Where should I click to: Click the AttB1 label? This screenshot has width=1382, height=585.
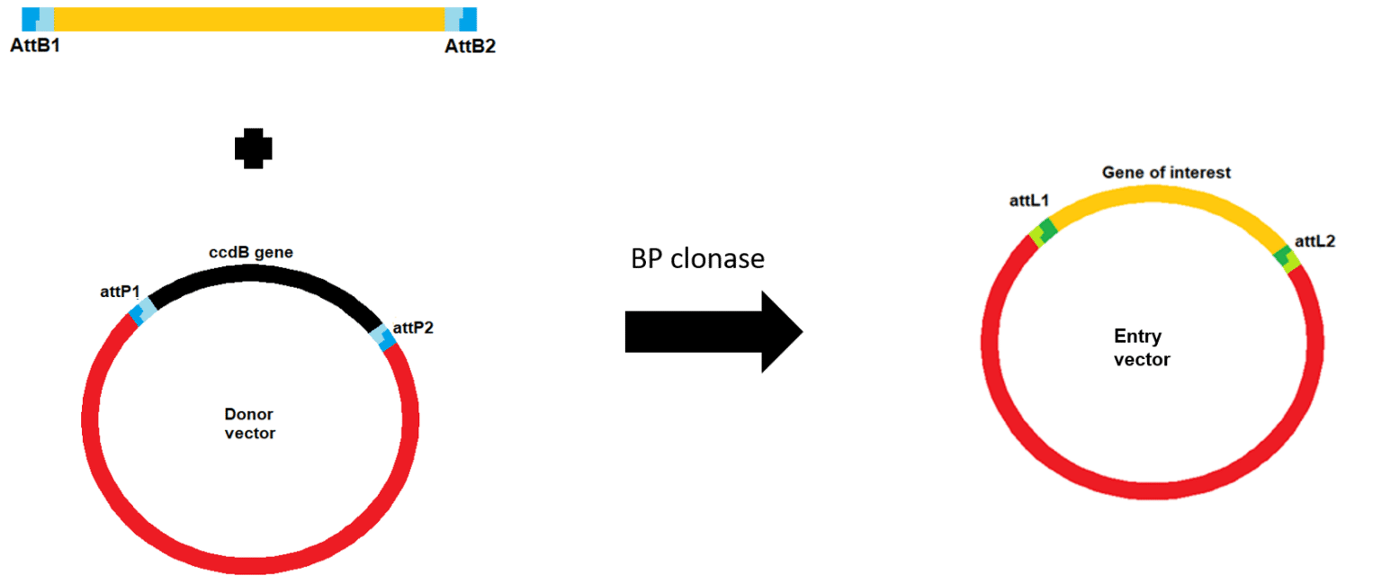pyautogui.click(x=35, y=46)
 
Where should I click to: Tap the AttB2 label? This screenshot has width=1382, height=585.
pyautogui.click(x=471, y=46)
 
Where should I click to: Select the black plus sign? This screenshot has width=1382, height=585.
pyautogui.click(x=253, y=148)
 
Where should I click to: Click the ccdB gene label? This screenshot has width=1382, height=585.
pyautogui.click(x=250, y=252)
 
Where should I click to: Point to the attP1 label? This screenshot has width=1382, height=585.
pyautogui.click(x=120, y=292)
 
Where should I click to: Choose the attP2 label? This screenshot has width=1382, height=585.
pyautogui.click(x=413, y=328)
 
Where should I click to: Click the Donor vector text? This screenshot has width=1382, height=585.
pyautogui.click(x=249, y=423)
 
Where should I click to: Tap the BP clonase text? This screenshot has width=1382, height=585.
pyautogui.click(x=697, y=258)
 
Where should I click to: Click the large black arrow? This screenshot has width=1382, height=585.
pyautogui.click(x=713, y=332)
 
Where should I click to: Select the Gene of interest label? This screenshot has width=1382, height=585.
pyautogui.click(x=1166, y=173)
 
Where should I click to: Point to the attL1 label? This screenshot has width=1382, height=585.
pyautogui.click(x=1028, y=201)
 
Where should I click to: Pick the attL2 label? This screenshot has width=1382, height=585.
pyautogui.click(x=1315, y=241)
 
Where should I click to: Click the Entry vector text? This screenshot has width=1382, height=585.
pyautogui.click(x=1142, y=347)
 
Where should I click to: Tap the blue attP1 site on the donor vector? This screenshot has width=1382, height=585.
pyautogui.click(x=142, y=311)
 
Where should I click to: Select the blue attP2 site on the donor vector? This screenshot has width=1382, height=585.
pyautogui.click(x=382, y=337)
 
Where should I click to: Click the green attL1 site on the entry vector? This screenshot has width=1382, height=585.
pyautogui.click(x=1044, y=232)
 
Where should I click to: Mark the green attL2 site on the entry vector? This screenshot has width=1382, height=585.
pyautogui.click(x=1288, y=259)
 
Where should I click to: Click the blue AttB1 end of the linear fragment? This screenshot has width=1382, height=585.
pyautogui.click(x=38, y=19)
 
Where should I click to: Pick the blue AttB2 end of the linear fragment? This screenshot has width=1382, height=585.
pyautogui.click(x=461, y=19)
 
